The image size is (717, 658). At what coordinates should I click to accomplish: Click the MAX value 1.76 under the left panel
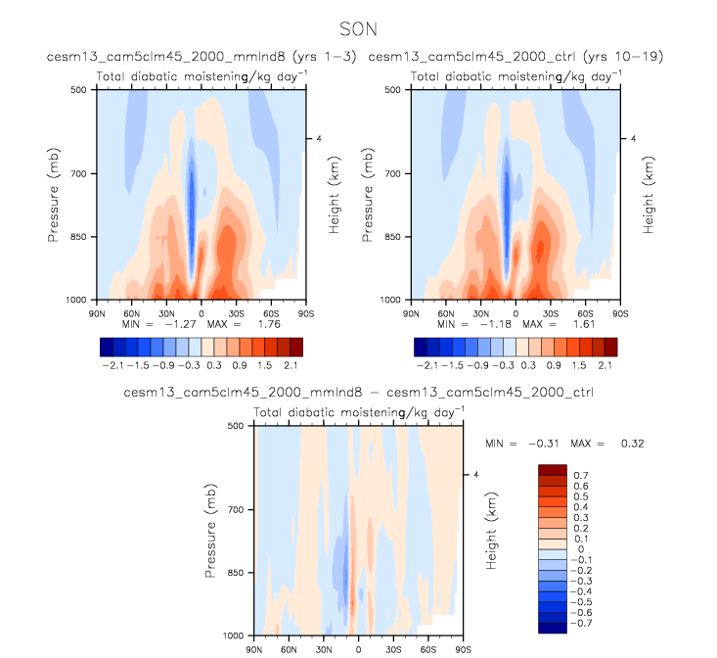[241, 322]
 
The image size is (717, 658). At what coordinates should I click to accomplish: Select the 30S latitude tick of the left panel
[237, 310]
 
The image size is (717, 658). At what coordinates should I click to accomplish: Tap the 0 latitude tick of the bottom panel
[358, 648]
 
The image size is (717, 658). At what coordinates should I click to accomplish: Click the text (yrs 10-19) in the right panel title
[623, 57]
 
